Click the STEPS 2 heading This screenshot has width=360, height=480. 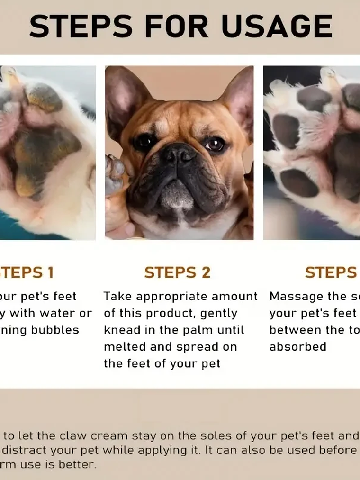tap(177, 272)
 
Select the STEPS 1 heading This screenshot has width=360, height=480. tap(26, 272)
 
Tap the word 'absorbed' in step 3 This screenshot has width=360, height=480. tap(297, 346)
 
